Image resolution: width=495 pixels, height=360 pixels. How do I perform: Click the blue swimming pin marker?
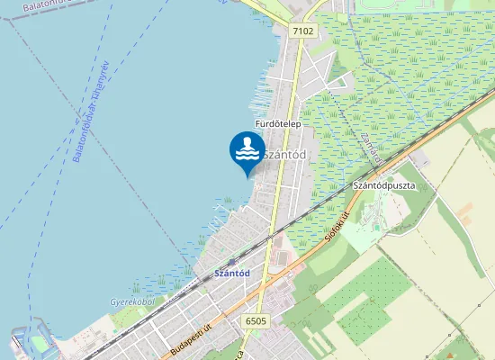tap(247, 151)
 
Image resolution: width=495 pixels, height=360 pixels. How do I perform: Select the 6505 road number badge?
tap(256, 319)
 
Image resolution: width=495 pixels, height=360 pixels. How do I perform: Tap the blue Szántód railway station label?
tap(231, 273)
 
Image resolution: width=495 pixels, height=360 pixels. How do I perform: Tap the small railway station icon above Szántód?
tap(231, 262)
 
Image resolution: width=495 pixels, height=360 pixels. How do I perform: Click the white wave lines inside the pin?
tap(247, 155)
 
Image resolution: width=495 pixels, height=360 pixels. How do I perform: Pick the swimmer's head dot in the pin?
tap(247, 139)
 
